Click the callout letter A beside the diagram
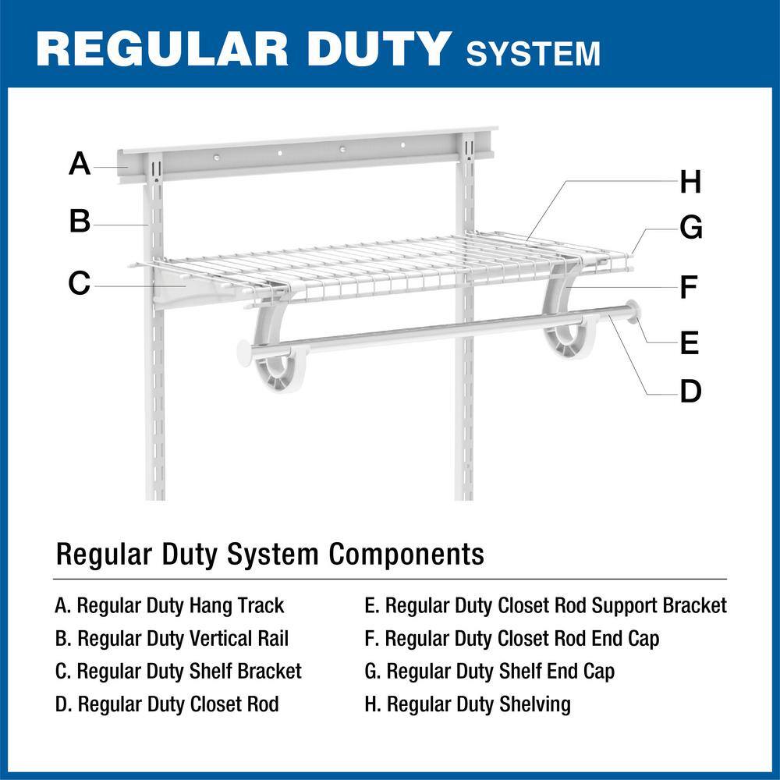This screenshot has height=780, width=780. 80,165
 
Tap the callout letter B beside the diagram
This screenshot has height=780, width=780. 80,222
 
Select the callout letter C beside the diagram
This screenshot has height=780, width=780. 80,283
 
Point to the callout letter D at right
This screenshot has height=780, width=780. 690,392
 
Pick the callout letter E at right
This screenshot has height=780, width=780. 690,343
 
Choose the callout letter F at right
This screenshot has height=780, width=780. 688,288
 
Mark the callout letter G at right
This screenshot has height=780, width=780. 691,229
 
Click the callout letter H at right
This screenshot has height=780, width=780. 690,183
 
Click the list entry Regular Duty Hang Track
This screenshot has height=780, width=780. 169,605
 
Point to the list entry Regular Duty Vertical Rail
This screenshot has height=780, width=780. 172,639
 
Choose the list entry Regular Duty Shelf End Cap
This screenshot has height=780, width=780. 489,672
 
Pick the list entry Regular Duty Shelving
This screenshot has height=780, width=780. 467,705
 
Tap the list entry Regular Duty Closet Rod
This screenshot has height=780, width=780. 167,705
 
